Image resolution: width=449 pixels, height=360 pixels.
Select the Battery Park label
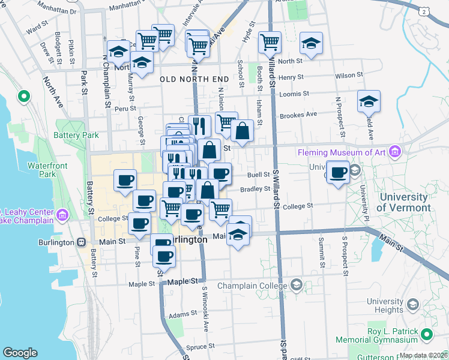77,136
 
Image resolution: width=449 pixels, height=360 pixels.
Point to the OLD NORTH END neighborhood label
194,79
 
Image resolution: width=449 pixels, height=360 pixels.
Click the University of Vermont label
405,203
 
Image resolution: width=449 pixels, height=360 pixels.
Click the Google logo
20,353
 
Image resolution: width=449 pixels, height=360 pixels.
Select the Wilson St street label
345,76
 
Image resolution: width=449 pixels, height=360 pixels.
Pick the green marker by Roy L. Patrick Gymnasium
426,334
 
